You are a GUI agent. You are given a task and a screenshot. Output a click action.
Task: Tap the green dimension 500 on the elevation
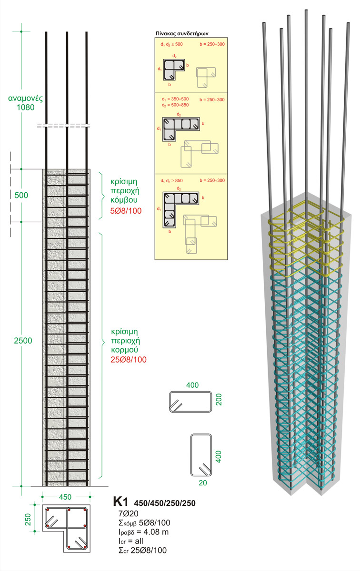(22, 195)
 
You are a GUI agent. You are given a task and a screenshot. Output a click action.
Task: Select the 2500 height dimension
(23, 340)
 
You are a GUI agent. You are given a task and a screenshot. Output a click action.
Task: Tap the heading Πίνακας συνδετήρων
(184, 34)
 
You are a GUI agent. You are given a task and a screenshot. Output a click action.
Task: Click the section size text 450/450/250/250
(165, 503)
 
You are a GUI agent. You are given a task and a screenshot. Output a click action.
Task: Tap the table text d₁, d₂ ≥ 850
(172, 181)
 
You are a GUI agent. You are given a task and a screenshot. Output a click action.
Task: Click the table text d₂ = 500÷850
(174, 105)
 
